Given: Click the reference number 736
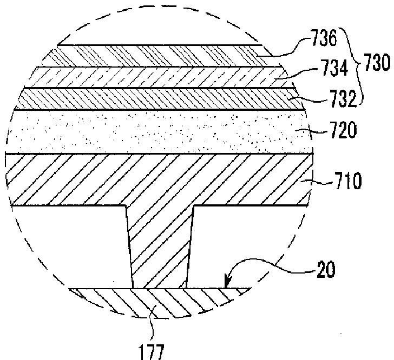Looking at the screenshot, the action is pos(324,38).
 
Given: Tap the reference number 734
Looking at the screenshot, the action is pos(335,68).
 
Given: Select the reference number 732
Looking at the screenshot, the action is pos(343,98).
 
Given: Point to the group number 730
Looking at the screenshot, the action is pos(377,63).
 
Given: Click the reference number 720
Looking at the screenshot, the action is pos(344,130).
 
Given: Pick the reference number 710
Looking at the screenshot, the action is pos(347,181).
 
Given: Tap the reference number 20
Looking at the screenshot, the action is pos(326,269).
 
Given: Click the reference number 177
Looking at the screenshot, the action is pos(152,352).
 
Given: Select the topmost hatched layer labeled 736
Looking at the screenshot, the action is pos(161,56).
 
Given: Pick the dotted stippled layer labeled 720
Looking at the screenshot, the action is pos(160,132).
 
